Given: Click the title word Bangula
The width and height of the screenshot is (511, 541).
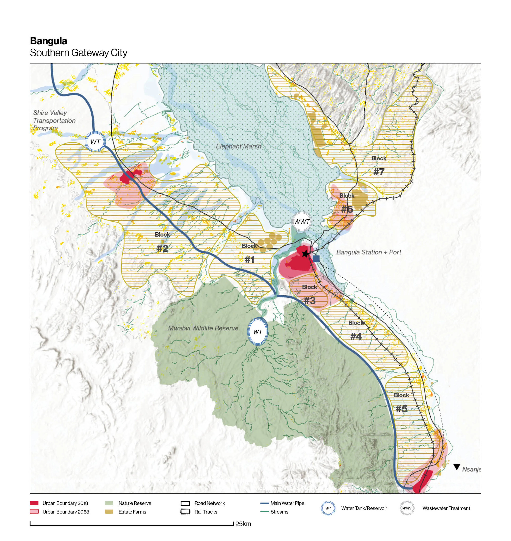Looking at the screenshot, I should (x=48, y=41).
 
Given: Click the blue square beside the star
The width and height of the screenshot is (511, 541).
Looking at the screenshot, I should (x=316, y=259).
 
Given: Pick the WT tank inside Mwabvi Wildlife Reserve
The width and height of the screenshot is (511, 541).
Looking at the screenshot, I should (x=257, y=332).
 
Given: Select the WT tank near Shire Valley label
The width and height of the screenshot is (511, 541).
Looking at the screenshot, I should (x=95, y=142).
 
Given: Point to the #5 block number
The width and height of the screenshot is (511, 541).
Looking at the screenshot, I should (x=401, y=409).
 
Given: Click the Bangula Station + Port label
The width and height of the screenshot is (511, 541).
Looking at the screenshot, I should (x=369, y=252).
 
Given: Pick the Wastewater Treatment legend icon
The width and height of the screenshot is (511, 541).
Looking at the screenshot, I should (x=407, y=508).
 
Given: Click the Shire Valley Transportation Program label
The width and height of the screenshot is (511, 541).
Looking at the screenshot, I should (x=54, y=120).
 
